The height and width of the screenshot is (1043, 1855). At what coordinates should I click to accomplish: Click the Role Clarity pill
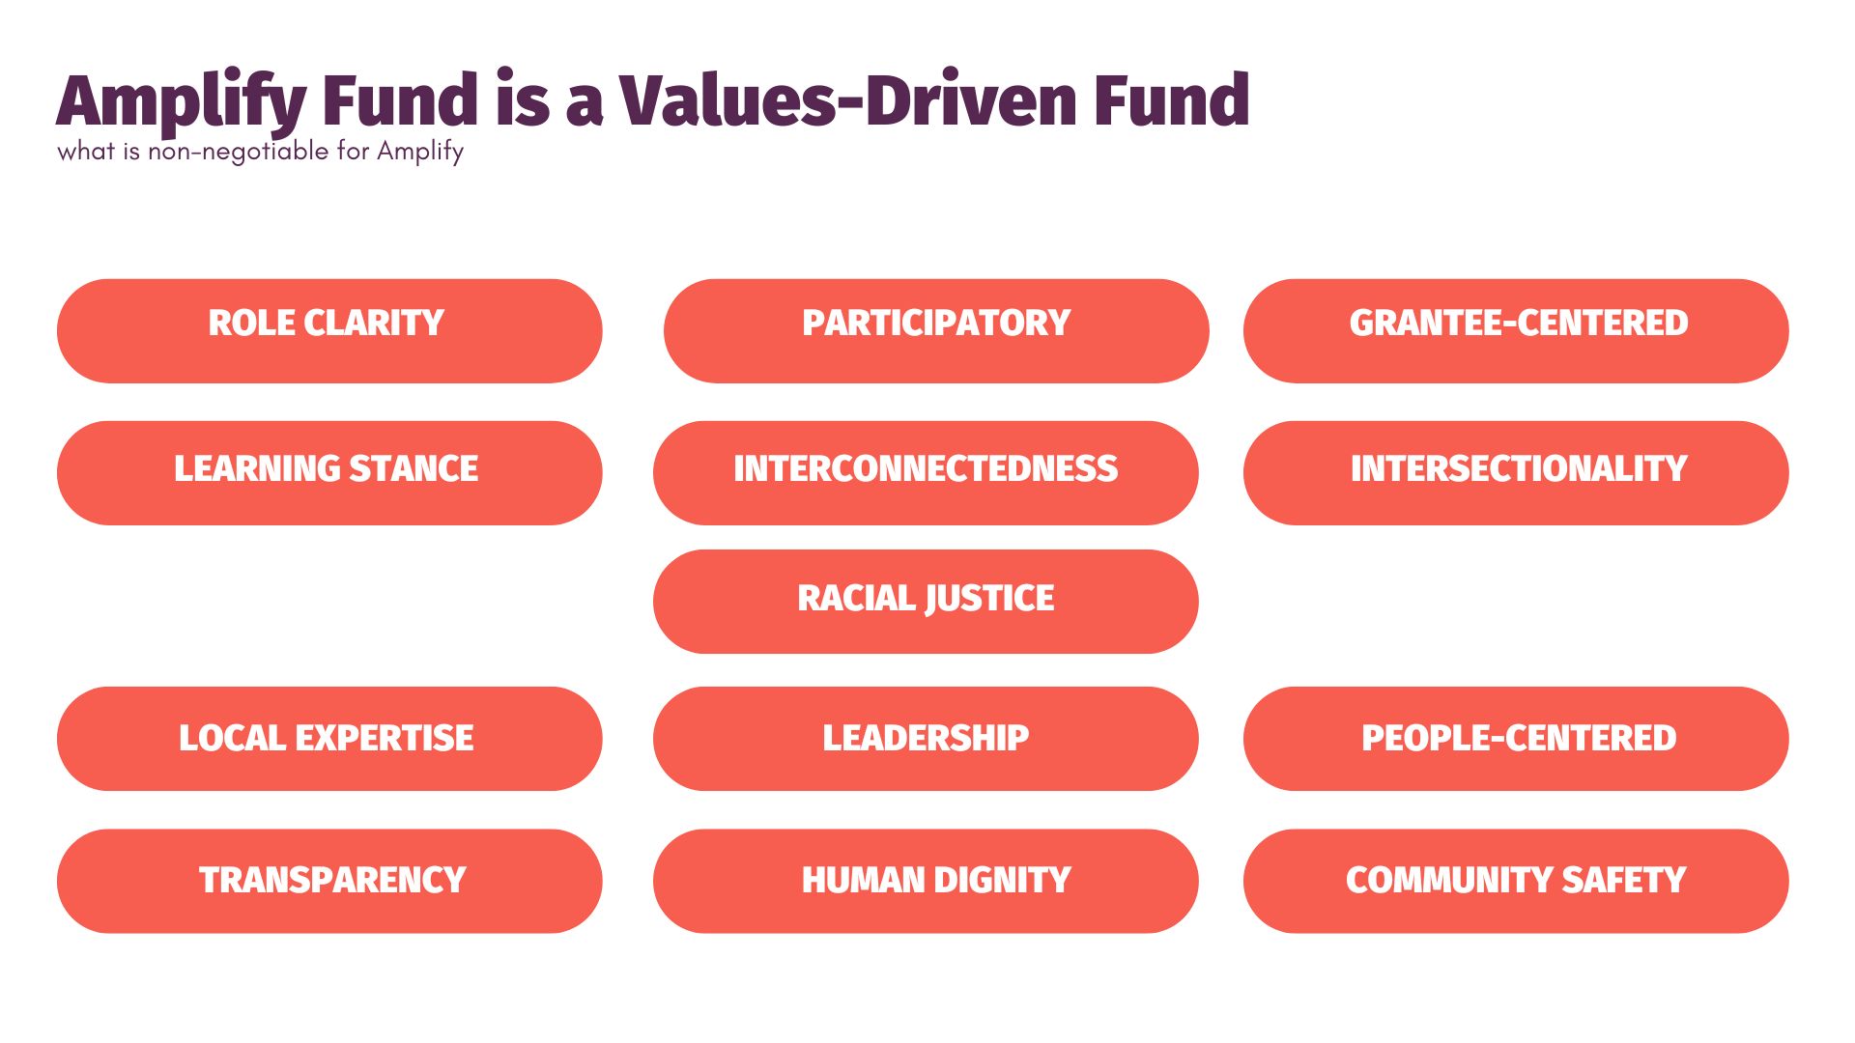(x=328, y=330)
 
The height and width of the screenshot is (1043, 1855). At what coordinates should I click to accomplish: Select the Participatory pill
(x=935, y=330)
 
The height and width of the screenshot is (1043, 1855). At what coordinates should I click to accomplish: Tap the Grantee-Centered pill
(x=1515, y=330)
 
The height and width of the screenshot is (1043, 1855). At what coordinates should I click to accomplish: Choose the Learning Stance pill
(x=328, y=472)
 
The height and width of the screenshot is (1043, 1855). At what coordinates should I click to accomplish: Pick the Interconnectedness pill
(x=925, y=472)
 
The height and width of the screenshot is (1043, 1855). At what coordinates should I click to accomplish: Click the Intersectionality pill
(x=1515, y=472)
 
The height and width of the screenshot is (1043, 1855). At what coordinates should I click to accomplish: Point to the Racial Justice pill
(x=925, y=601)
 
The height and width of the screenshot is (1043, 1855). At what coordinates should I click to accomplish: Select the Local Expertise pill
(x=328, y=739)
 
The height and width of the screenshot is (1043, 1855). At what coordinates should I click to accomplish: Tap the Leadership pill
(x=925, y=739)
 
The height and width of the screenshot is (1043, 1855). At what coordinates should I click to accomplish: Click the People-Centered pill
(x=1515, y=739)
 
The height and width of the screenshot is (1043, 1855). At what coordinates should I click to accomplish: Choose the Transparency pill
(x=328, y=881)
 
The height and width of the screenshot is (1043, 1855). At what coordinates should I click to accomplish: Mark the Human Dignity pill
(x=925, y=881)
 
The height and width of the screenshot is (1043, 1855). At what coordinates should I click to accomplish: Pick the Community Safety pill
(x=1515, y=881)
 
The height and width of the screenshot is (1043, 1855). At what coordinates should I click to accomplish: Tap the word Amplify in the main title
(x=182, y=102)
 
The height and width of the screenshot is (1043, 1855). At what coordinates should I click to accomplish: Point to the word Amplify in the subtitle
(x=420, y=152)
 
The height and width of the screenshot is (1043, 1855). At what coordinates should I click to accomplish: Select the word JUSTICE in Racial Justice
(x=989, y=599)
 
